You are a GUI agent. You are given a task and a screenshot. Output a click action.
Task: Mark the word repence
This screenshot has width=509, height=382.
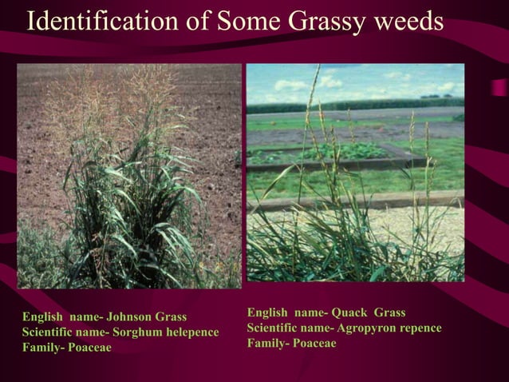click(x=419, y=328)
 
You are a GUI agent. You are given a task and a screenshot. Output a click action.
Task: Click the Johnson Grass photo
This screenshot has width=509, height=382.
click(x=128, y=176)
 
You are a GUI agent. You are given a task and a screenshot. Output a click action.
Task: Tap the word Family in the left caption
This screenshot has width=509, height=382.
click(x=39, y=348)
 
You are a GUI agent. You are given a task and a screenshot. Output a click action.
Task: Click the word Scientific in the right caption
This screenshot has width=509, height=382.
click(x=274, y=328)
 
